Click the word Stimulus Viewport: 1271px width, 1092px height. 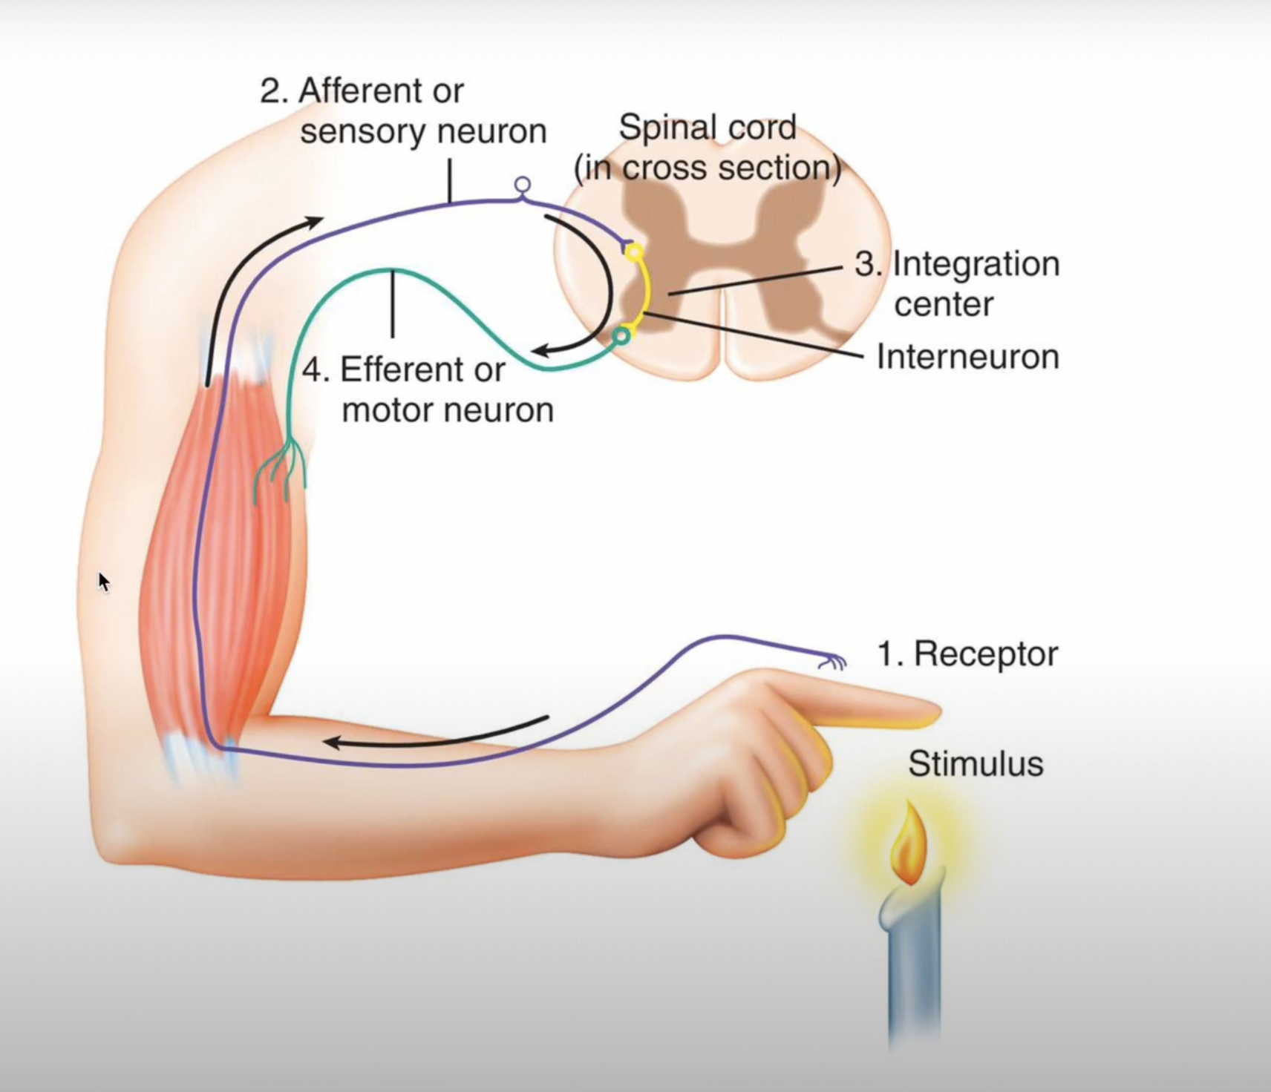click(976, 764)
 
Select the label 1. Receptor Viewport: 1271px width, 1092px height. click(967, 654)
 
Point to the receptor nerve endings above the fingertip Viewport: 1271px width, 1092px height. click(833, 660)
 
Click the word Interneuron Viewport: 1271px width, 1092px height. click(967, 357)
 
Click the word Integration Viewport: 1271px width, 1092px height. click(976, 264)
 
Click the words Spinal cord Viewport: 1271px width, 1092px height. click(708, 128)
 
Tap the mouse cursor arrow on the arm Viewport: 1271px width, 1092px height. click(103, 582)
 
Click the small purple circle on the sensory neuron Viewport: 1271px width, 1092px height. click(523, 184)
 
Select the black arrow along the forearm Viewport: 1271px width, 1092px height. click(438, 733)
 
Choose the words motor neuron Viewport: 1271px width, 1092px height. click(448, 410)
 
